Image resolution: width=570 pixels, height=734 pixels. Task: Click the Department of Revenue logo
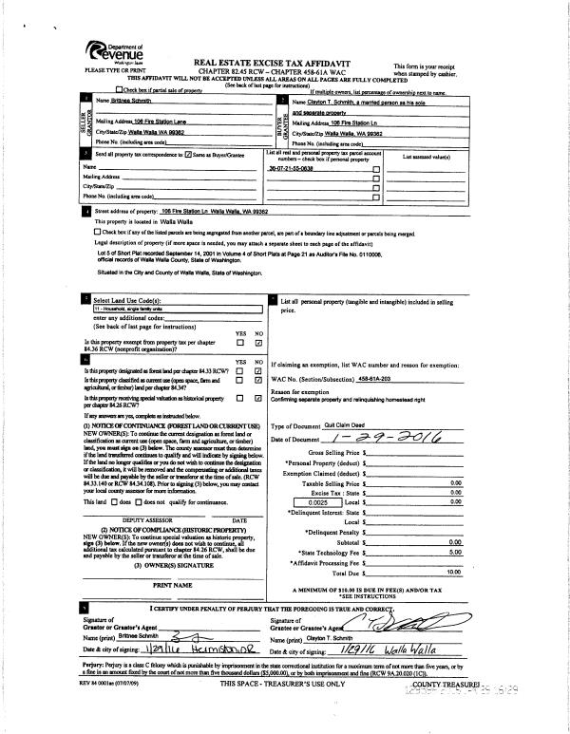click(111, 49)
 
